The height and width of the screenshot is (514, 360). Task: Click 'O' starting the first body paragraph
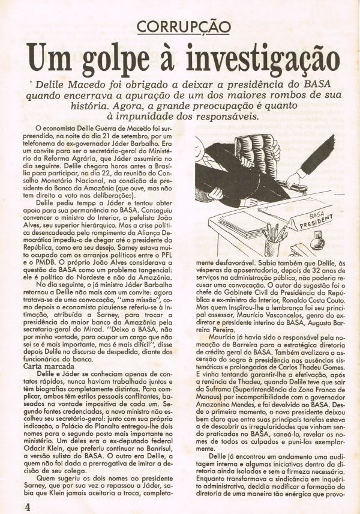tap(38, 128)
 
